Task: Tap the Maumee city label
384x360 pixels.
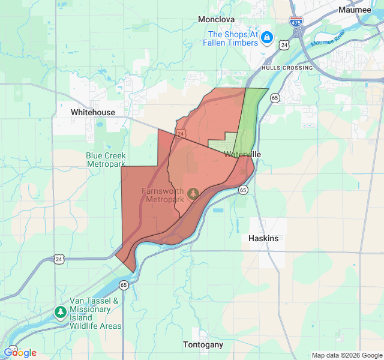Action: [355, 10]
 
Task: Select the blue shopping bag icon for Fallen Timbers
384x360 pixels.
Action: [267, 38]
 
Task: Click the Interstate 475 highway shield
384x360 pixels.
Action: [296, 22]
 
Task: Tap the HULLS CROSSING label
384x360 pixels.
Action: [287, 68]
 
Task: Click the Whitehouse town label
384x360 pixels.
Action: [92, 112]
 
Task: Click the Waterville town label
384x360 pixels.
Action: [242, 154]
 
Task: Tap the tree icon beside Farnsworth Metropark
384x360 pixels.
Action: [193, 193]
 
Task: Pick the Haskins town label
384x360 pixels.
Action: [263, 238]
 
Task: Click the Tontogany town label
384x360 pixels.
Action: [203, 344]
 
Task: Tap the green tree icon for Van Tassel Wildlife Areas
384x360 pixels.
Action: [60, 313]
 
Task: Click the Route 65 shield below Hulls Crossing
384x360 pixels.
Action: [274, 97]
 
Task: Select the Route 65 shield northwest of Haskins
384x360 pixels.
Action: [243, 190]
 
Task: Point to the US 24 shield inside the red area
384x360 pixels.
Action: [180, 133]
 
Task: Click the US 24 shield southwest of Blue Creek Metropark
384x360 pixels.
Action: [58, 259]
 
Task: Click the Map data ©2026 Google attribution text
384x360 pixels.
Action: [346, 355]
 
